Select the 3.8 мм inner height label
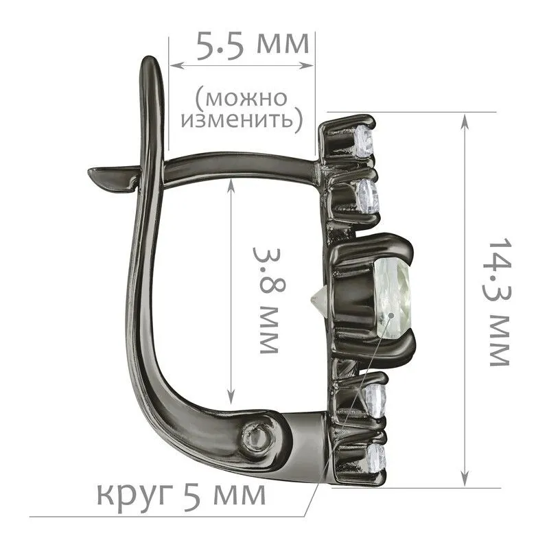point(269,301)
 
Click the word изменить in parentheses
point(242,120)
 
